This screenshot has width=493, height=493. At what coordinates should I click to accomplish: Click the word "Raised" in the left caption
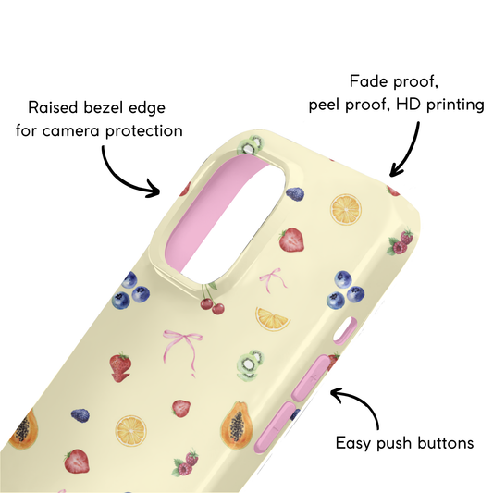coord(53,107)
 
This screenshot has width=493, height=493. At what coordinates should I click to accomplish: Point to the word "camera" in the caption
coord(70,130)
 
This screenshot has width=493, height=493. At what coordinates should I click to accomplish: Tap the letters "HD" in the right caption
coord(409,105)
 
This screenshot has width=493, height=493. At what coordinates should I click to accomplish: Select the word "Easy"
coord(353,444)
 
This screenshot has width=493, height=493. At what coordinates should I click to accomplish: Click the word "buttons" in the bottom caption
coord(446,443)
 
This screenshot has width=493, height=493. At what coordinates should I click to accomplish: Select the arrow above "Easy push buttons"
coord(357,406)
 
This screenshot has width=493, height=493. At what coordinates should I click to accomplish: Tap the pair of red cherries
coord(211,300)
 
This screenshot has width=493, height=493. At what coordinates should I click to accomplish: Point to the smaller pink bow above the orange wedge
coord(272,279)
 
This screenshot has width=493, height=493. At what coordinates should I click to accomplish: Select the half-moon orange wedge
coord(272,319)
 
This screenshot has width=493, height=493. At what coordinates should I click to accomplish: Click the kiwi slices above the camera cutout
coord(251,144)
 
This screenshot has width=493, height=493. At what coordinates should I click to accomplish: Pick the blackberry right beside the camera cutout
coord(295,194)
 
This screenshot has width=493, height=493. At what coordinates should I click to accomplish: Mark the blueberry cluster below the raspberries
coord(345,290)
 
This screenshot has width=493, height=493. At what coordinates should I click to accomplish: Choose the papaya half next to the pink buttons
coord(237,425)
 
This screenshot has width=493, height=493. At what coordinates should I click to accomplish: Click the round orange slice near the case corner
coord(346,209)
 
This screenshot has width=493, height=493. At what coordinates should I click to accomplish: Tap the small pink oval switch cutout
coord(345,330)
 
